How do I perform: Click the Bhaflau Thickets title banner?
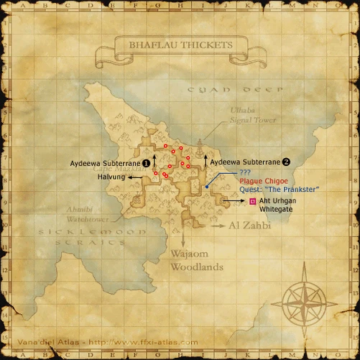coord(180,45)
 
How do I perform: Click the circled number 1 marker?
coord(146,163)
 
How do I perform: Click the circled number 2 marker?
coord(286,163)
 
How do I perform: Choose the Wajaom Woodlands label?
coord(196,261)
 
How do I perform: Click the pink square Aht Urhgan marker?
coord(252,202)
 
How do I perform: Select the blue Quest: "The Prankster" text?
coord(280,189)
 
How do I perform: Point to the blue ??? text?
coord(245,173)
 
